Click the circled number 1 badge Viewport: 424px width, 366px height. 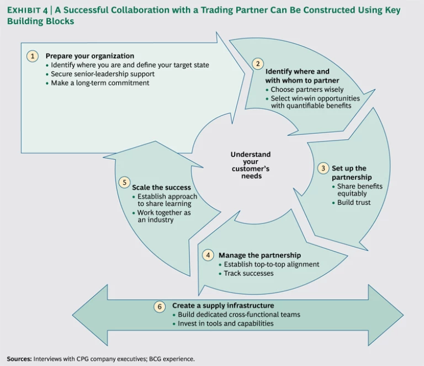33,56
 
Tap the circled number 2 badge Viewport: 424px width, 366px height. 257,64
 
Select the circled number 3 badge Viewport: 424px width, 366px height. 324,168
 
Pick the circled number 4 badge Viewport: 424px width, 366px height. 208,255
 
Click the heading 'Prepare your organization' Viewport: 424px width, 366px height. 89,56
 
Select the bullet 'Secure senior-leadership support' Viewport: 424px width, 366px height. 103,74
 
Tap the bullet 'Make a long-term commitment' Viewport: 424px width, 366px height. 98,83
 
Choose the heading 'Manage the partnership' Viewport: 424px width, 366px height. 259,255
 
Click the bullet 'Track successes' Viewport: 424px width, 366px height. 248,273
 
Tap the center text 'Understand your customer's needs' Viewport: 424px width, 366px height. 250,165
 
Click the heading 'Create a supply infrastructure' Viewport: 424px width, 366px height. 222,305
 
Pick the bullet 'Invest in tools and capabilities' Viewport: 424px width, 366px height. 225,323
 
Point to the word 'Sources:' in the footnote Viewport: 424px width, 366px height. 19,359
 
